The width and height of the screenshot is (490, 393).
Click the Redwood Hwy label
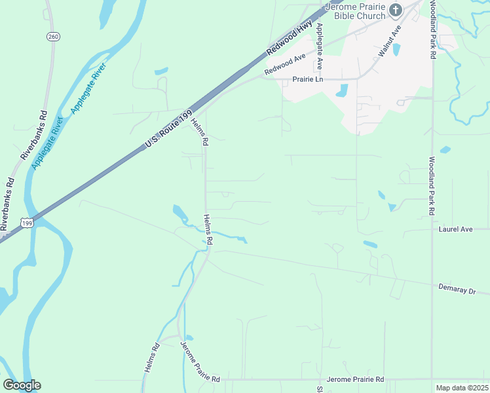click(x=290, y=38)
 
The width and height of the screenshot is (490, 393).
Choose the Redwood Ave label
click(x=286, y=64)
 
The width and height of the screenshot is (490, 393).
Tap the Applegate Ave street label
click(x=320, y=47)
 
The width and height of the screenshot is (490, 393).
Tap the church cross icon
click(x=395, y=9)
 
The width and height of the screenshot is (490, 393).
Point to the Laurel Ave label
click(x=455, y=229)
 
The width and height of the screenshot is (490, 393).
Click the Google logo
click(x=22, y=384)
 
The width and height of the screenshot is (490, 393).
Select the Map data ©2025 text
click(x=461, y=388)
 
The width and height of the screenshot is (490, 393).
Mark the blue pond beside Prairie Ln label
click(x=342, y=90)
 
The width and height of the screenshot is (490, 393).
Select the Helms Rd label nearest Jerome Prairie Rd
click(x=151, y=359)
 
